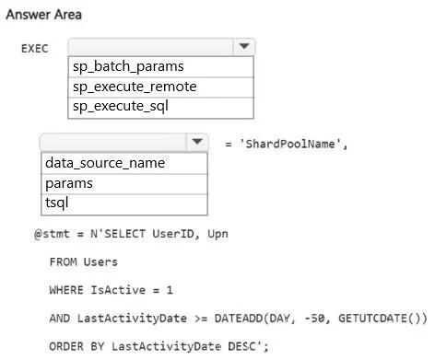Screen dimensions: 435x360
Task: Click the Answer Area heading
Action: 44,15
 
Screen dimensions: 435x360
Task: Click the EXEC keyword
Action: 35,49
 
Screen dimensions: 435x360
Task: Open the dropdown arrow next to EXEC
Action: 244,47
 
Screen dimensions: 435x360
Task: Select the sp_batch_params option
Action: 128,66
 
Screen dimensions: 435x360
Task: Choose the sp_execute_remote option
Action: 135,87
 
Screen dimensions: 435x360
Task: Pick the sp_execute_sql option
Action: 121,107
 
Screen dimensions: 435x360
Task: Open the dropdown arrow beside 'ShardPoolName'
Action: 197,142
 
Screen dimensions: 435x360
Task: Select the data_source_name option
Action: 105,163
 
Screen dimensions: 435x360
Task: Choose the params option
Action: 69,183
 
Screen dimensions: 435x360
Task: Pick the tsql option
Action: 57,203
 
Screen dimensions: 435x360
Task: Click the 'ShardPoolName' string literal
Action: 290,144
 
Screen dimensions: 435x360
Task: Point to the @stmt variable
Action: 52,234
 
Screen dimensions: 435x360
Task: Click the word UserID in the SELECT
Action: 173,234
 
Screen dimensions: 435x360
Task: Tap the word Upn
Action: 217,234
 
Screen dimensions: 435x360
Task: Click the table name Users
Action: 100,262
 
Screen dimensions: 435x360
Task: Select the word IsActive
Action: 118,290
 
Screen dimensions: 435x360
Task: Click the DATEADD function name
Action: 239,319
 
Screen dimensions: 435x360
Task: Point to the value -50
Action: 314,319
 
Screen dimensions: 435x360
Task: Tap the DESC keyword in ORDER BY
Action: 241,346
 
